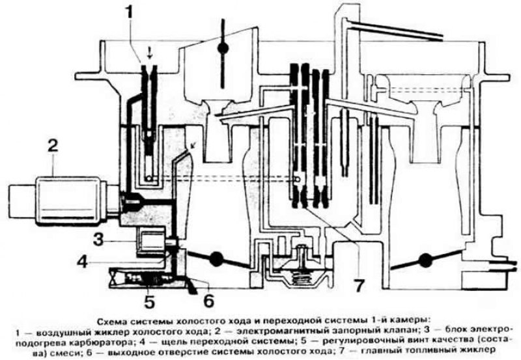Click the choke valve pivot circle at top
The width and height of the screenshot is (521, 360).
pos(222,49)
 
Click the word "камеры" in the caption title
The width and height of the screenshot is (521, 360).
pos(401,320)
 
